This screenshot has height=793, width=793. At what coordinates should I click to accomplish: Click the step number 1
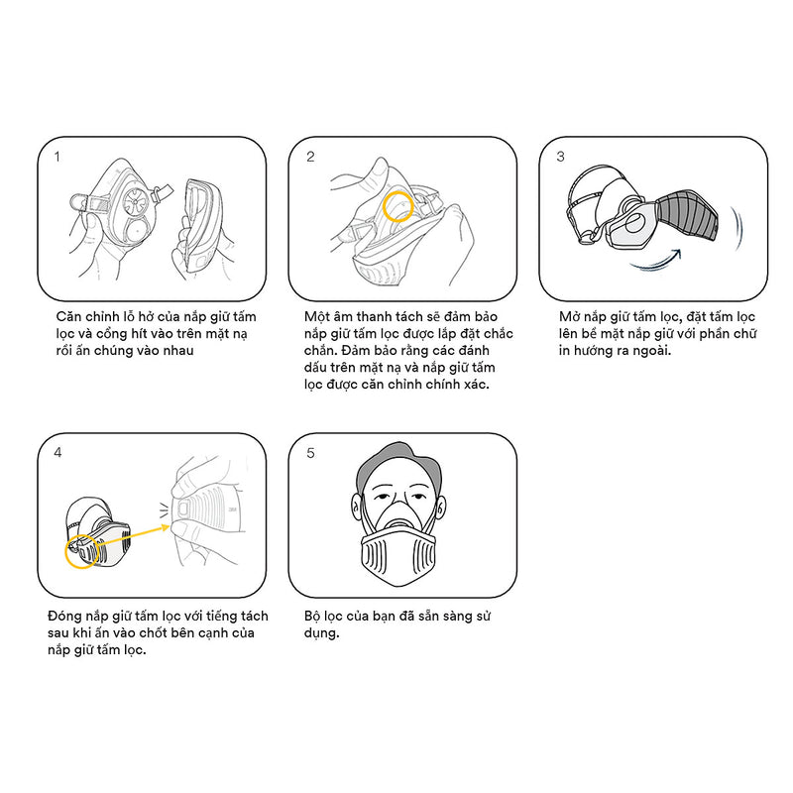click(57, 157)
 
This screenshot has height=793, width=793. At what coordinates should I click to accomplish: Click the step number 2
click(310, 157)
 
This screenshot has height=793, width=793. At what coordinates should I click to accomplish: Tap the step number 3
click(560, 157)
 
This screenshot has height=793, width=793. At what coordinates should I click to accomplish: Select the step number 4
click(57, 453)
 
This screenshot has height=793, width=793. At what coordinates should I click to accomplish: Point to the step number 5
click(310, 453)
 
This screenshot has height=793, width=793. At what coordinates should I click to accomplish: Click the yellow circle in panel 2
click(384, 206)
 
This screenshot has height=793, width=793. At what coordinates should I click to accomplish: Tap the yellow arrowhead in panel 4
click(165, 528)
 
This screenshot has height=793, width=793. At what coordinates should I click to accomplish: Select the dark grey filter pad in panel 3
click(688, 216)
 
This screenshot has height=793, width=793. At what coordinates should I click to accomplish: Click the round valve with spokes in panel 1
click(137, 201)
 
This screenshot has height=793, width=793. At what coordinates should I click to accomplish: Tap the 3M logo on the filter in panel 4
click(233, 510)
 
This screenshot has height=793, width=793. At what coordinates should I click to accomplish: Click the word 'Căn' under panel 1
click(67, 316)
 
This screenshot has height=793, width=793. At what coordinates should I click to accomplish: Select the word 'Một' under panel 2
click(316, 316)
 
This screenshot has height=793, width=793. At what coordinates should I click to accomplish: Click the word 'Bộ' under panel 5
click(312, 616)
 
